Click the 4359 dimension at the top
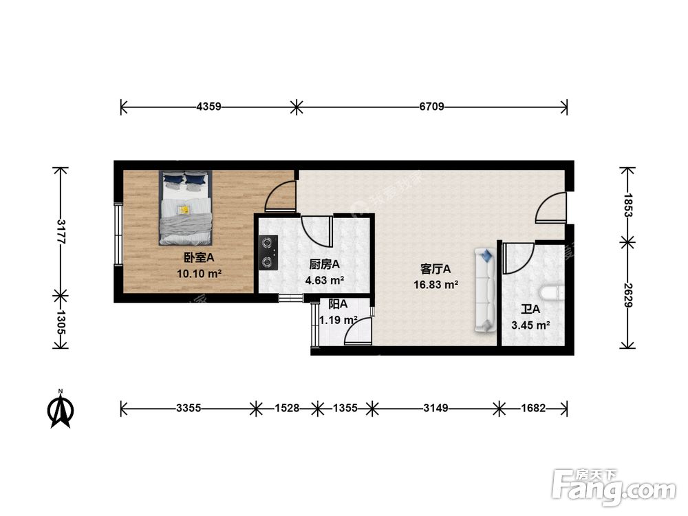coord(209,107)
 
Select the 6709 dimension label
coord(432,107)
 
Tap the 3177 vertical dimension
coord(61,232)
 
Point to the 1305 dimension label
coord(61,323)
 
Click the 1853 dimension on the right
coord(628,205)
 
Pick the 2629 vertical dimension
coord(628,295)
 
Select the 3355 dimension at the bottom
coord(189,409)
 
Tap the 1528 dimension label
coord(287,409)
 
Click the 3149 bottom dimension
coord(436,409)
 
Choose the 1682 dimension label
coord(533,409)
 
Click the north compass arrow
coord(61,409)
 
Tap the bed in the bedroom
coord(186,208)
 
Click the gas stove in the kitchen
coord(268,252)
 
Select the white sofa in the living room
coord(484,290)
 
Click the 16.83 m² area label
coord(436,285)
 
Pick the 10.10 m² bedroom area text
coord(199,274)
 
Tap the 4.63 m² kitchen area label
coord(324,280)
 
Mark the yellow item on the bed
coord(184,210)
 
